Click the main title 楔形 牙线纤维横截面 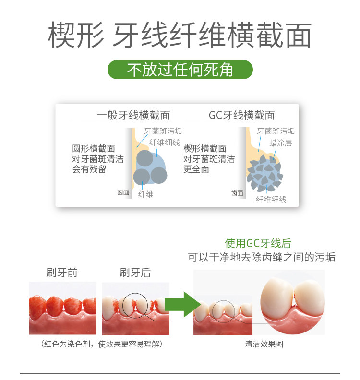pyautogui.click(x=180, y=35)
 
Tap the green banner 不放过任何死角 pyautogui.click(x=180, y=70)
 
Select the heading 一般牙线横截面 pyautogui.click(x=133, y=115)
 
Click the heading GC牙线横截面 pyautogui.click(x=242, y=115)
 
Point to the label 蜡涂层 pyautogui.click(x=280, y=143)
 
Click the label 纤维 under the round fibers pyautogui.click(x=146, y=194)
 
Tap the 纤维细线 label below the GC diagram pyautogui.click(x=271, y=200)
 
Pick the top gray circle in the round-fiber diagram pyautogui.click(x=145, y=158)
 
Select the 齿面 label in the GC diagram pyautogui.click(x=237, y=193)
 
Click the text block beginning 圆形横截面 pyautogui.click(x=98, y=159)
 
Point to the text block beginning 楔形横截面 pyautogui.click(x=209, y=159)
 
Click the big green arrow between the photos pyautogui.click(x=183, y=304)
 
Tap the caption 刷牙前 pyautogui.click(x=62, y=273)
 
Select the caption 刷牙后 pyautogui.click(x=135, y=273)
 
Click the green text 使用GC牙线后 pyautogui.click(x=258, y=243)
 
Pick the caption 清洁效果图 pyautogui.click(x=264, y=344)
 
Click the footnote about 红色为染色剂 pyautogui.click(x=102, y=344)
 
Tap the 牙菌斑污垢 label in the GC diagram pyautogui.click(x=276, y=131)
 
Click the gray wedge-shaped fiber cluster pyautogui.click(x=265, y=174)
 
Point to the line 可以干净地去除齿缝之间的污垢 pyautogui.click(x=262, y=257)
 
